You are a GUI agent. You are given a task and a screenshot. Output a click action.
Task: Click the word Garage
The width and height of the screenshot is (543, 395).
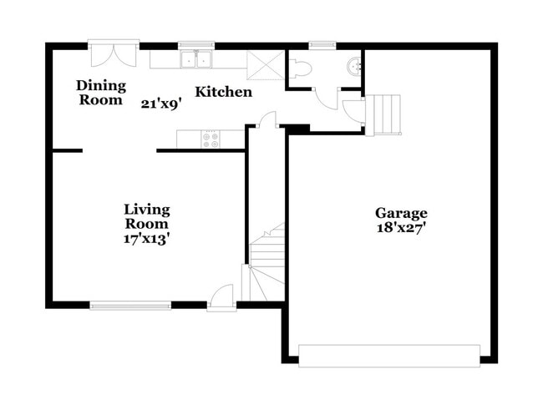click(x=400, y=213)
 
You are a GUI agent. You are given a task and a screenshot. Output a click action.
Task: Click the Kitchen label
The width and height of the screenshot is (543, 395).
click(x=223, y=91)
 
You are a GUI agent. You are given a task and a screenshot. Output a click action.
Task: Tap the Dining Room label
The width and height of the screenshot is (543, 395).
click(x=100, y=92)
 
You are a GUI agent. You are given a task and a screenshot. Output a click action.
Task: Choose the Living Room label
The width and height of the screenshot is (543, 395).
click(x=146, y=216)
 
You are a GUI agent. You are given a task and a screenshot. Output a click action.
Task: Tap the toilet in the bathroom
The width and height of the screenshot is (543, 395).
click(x=302, y=68)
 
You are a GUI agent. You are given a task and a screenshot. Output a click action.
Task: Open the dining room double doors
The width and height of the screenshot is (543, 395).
click(x=113, y=57)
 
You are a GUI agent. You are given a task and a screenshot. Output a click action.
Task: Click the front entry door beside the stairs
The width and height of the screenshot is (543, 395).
click(x=221, y=295)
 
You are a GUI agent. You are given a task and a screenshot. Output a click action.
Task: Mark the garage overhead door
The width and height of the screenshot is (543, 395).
click(x=389, y=356)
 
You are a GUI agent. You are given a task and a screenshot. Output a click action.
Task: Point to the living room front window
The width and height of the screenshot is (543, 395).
click(x=130, y=305)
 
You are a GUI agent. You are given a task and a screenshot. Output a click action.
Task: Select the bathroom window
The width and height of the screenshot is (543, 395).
click(x=321, y=44)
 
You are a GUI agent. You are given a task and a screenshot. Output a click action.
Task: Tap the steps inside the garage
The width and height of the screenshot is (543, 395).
click(x=387, y=114)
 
